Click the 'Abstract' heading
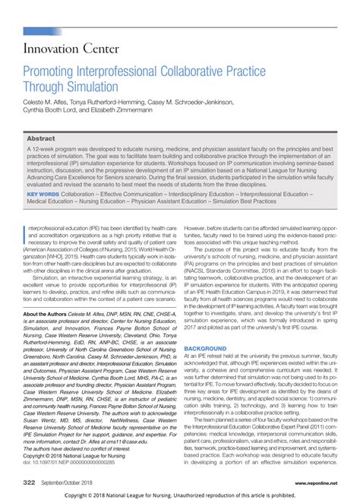click(41, 139)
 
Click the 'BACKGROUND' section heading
click(205, 348)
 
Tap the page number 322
click(30, 482)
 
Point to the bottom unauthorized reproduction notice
click(180, 494)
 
